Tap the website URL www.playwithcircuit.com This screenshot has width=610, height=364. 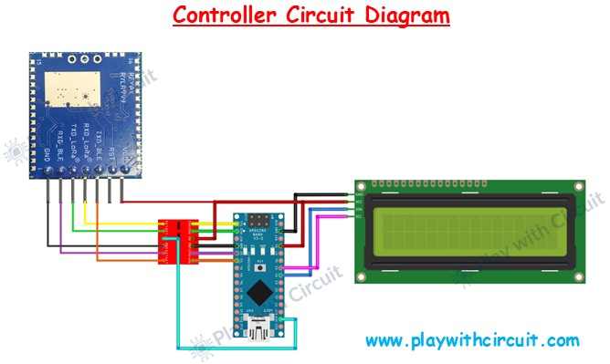[472, 341]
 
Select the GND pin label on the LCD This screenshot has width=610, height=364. [360, 195]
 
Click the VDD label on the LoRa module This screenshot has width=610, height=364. [125, 161]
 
